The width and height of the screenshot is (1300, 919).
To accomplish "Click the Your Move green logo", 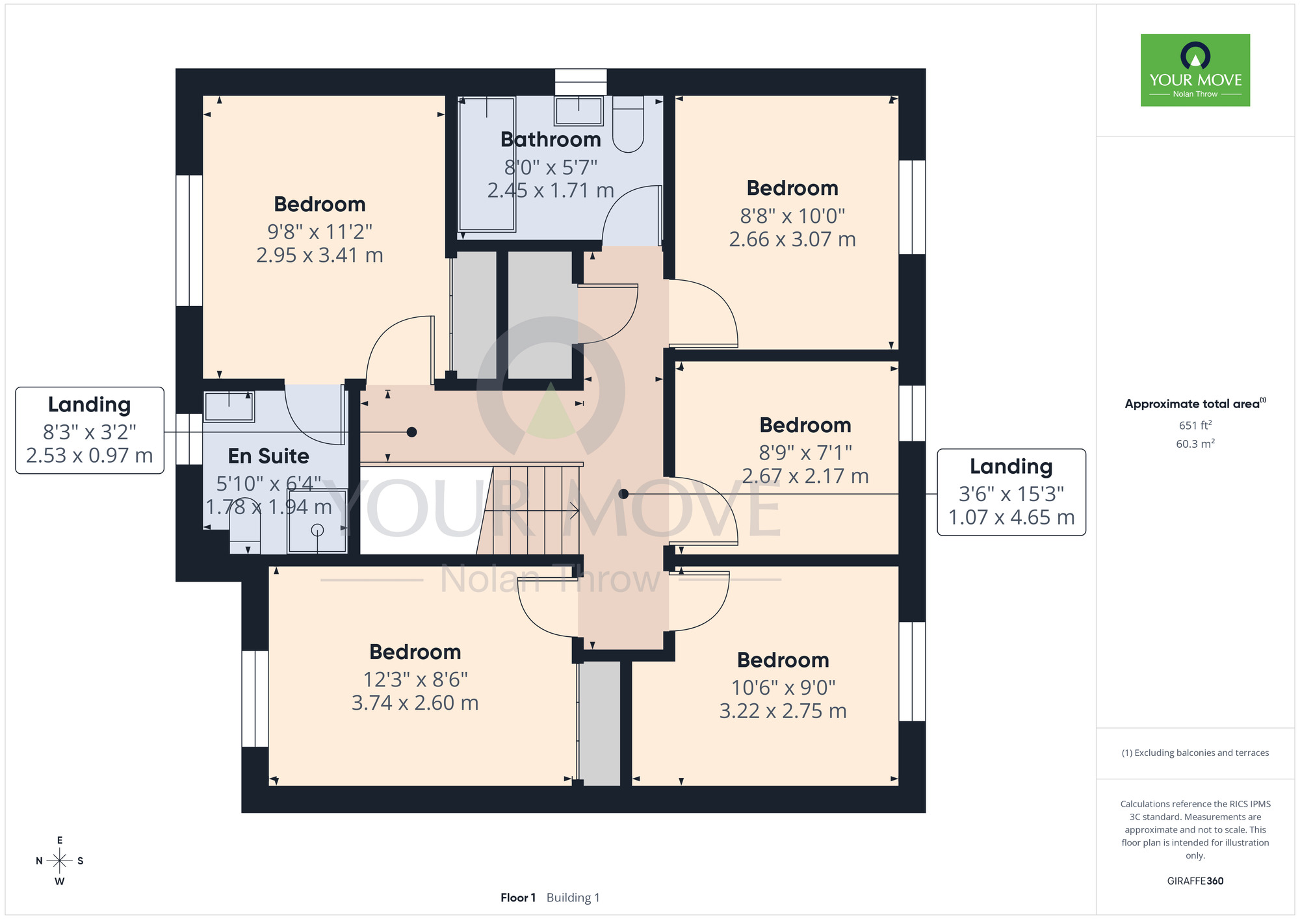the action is click(x=1195, y=70).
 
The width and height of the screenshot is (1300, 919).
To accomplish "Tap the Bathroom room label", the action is click(x=551, y=140).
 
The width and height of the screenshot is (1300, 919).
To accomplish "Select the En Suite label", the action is click(x=268, y=456).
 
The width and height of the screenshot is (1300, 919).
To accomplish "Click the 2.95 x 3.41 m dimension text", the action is click(x=319, y=255).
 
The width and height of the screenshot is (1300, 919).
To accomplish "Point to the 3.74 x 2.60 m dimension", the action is click(x=415, y=703).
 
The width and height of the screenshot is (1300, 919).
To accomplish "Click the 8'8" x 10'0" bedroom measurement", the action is click(x=792, y=216).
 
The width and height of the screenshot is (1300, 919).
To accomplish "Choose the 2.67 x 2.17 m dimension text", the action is click(x=805, y=476).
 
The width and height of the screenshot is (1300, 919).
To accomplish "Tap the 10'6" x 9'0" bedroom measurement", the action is click(x=783, y=688).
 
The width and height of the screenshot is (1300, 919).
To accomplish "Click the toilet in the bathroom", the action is click(x=628, y=124).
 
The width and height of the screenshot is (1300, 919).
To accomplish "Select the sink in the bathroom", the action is click(x=578, y=110).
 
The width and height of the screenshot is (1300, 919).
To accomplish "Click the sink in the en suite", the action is click(x=229, y=407).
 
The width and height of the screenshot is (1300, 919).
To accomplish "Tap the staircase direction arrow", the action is click(x=532, y=511).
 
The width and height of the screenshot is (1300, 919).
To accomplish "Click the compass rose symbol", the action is click(x=60, y=861).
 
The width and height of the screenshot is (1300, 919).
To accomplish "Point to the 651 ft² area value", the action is click(x=1195, y=426).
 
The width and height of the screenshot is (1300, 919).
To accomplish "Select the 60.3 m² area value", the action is click(x=1195, y=444).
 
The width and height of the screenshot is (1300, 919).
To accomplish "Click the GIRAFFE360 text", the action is click(x=1195, y=881).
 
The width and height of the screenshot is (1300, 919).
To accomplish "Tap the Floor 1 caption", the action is click(x=518, y=898).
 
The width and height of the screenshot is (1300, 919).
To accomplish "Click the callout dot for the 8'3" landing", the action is click(x=411, y=432).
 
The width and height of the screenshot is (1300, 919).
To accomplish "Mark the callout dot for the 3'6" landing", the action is click(x=623, y=494).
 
